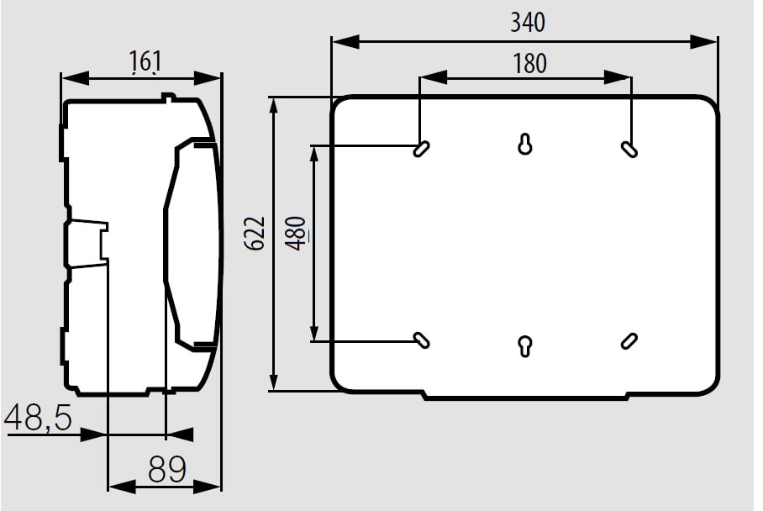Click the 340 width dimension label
click(x=528, y=23)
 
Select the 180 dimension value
click(x=530, y=64)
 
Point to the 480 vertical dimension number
click(x=297, y=234)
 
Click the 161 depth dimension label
click(x=145, y=62)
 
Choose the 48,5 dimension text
click(x=39, y=418)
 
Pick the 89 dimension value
click(x=167, y=469)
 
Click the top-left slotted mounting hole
click(x=421, y=149)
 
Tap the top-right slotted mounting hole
click(x=629, y=149)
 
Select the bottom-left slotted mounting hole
click(x=421, y=340)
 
